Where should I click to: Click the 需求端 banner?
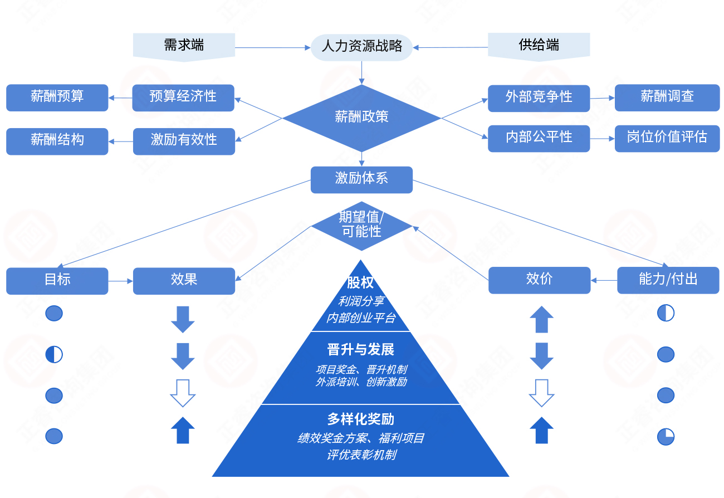pos(184,45)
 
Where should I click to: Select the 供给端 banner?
pos(539,45)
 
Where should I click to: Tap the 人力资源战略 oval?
pos(361,47)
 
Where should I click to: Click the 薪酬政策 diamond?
pos(361,117)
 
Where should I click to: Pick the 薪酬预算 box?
pos(57,97)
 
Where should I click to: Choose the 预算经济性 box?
pos(183,97)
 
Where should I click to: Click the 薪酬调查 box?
pos(667,97)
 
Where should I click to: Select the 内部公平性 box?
pos(539,138)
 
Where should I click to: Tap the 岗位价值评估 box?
pos(667,138)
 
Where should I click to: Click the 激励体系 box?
pos(361,179)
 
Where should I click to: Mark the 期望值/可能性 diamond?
pos(361,225)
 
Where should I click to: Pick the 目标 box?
pos(57,280)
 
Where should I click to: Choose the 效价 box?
pos(539,280)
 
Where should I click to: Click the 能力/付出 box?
pos(668,280)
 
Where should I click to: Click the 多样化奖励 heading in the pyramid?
pos(360,419)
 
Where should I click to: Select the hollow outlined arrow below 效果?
pos(183,393)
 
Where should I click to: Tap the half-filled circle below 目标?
pos(54,354)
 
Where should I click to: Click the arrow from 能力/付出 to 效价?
pos(604,280)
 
